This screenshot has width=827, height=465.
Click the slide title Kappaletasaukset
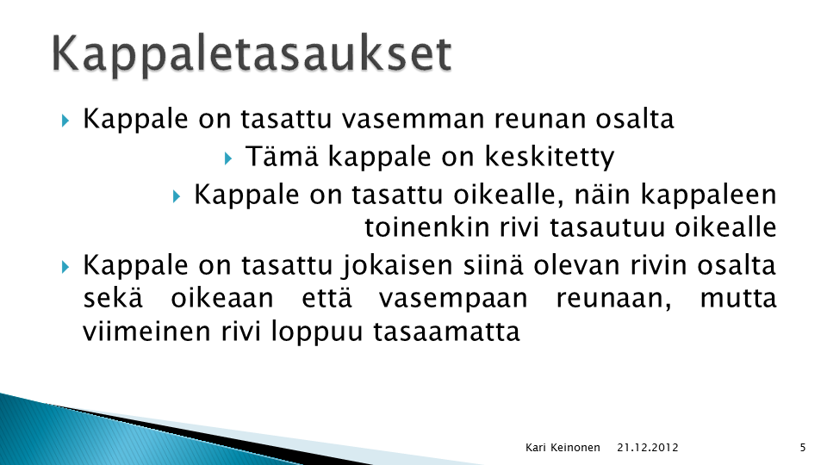(x=252, y=54)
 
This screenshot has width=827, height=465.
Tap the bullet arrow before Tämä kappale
(x=227, y=158)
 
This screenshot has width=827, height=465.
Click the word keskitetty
(x=549, y=157)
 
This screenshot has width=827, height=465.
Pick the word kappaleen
(x=708, y=196)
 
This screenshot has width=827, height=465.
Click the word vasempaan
(x=453, y=300)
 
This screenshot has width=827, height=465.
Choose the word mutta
(x=738, y=299)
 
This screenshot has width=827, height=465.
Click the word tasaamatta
(x=447, y=332)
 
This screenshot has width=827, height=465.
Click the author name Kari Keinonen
(x=563, y=448)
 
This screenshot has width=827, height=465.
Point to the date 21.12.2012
(x=648, y=448)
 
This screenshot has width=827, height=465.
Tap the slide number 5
(x=803, y=448)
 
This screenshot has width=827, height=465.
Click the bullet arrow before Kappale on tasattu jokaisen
(x=65, y=267)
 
